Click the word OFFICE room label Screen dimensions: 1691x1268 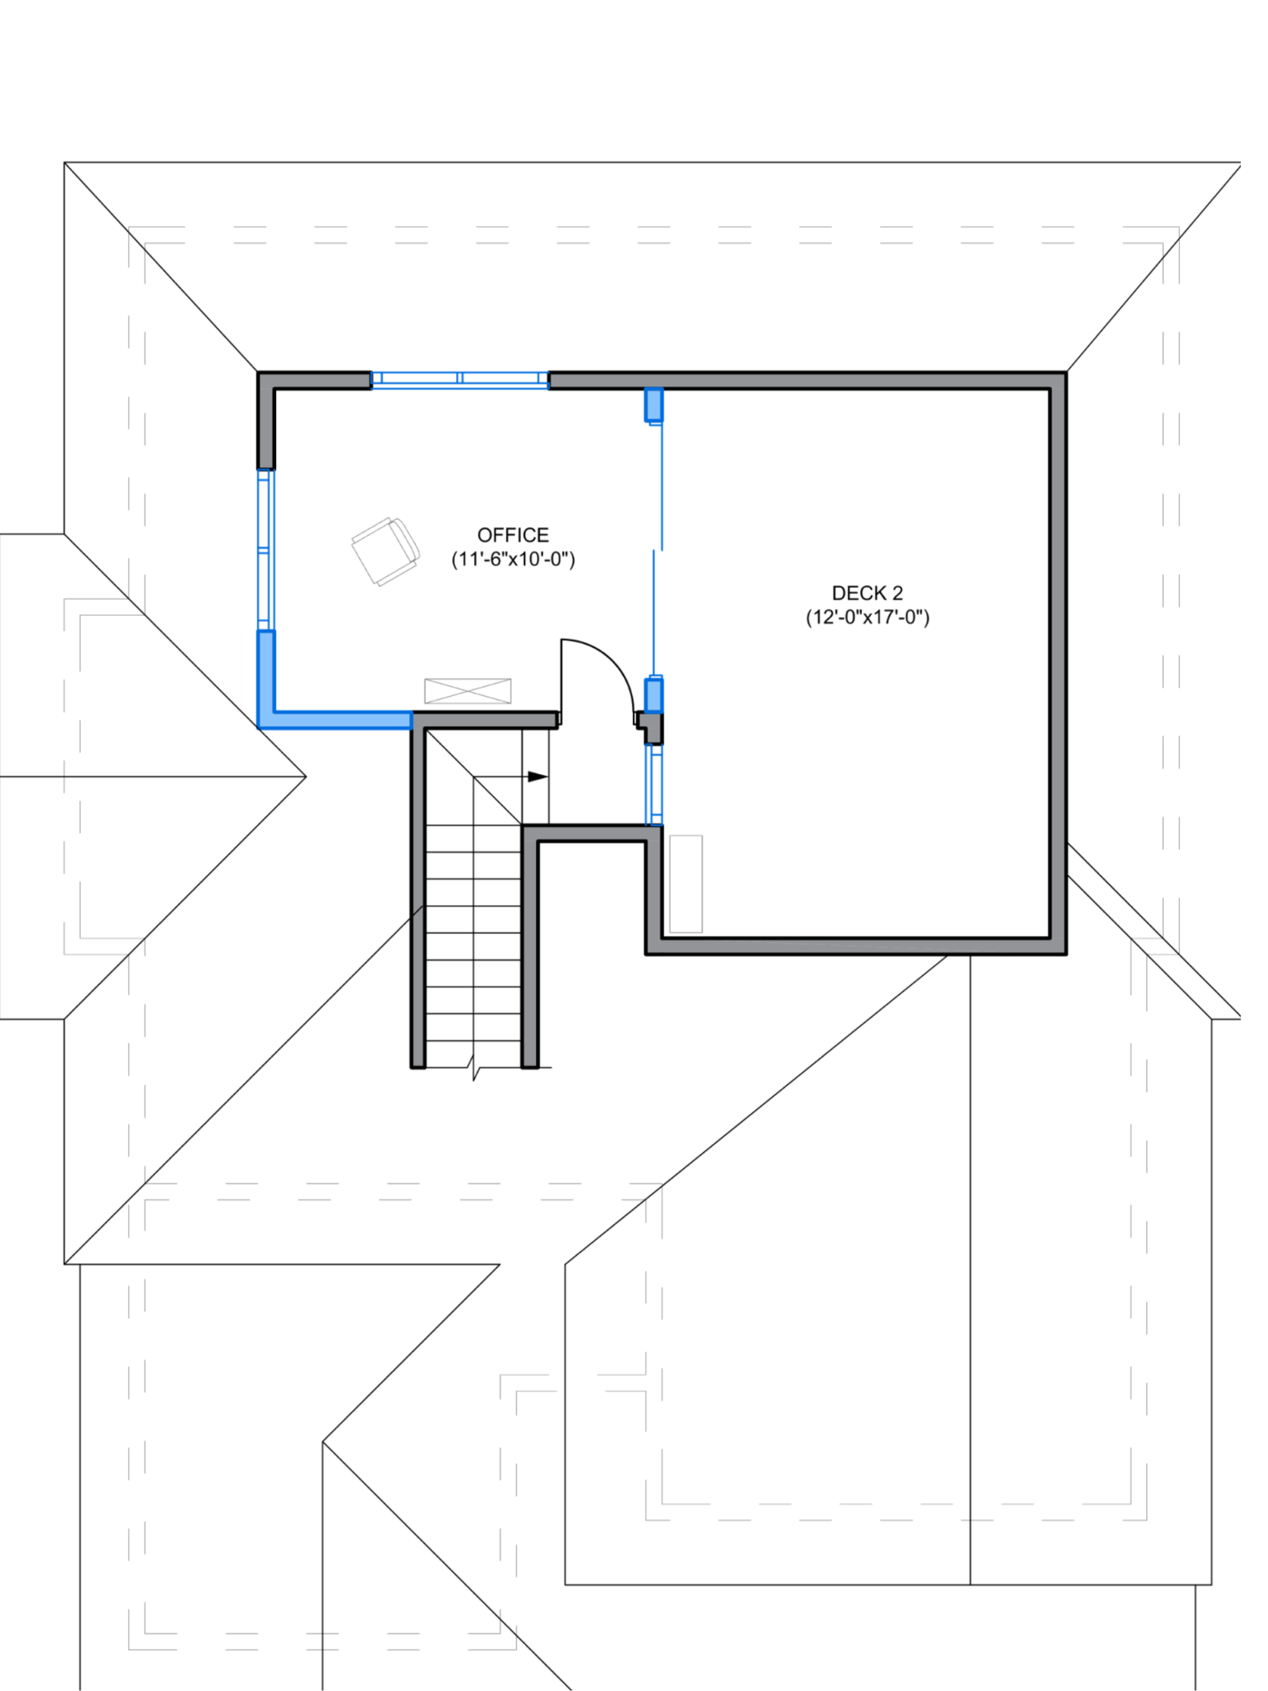513,534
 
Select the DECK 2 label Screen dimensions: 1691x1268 868,593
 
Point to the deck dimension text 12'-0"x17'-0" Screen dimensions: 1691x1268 868,617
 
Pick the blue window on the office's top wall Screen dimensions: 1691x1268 460,379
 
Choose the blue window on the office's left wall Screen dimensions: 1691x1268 266,548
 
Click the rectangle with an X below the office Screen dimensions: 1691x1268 468,690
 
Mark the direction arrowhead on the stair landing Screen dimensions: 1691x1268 536,777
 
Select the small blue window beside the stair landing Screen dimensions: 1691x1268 654,784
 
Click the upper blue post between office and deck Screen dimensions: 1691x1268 654,405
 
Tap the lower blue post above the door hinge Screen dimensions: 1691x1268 654,694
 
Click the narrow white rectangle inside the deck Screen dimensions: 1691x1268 686,884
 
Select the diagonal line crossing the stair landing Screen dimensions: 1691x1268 474,777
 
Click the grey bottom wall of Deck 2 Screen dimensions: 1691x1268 856,947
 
